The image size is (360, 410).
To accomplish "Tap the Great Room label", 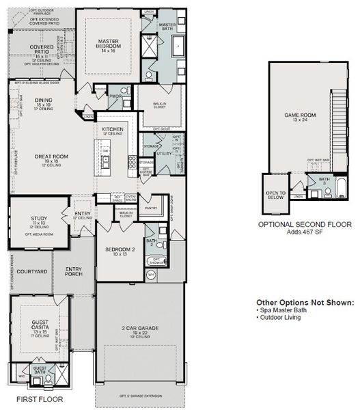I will coord(49,157).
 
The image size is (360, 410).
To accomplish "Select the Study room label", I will coord(38,219).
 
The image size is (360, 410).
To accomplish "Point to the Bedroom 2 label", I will coord(120,250).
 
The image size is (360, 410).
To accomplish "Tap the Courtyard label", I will coord(31,271).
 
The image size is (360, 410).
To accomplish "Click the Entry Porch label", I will coord(74,271).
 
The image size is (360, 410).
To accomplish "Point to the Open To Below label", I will coord(275,194).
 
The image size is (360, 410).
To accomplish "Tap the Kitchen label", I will coord(113,128).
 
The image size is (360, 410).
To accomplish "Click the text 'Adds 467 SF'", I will coord(304,232).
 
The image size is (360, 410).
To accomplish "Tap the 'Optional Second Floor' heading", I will coord(304,223).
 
